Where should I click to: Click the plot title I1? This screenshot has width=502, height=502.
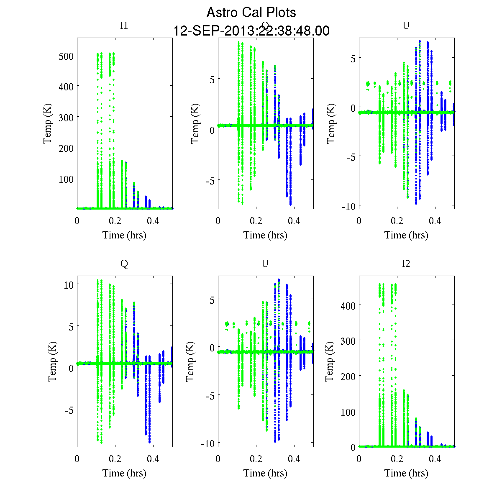(124, 26)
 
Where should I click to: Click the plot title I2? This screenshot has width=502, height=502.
(406, 264)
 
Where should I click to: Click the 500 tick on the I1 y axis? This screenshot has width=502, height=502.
(66, 56)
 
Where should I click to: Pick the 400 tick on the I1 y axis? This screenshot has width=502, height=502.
(66, 87)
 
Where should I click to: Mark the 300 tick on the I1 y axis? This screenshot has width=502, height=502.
(66, 118)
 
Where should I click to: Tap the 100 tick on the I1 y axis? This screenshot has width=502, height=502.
(66, 179)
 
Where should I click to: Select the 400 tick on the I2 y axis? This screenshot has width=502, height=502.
(348, 306)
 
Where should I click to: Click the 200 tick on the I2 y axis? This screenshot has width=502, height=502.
(348, 376)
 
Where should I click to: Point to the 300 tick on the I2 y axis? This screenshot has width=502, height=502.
(348, 341)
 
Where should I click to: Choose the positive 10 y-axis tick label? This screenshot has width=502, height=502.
(69, 285)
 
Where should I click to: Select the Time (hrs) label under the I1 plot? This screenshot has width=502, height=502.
(124, 235)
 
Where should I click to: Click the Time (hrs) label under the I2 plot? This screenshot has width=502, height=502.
(406, 473)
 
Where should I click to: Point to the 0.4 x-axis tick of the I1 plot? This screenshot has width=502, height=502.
(153, 221)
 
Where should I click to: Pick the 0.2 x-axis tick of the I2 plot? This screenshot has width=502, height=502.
(397, 459)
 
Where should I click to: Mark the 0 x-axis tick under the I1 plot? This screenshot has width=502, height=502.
(77, 221)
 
